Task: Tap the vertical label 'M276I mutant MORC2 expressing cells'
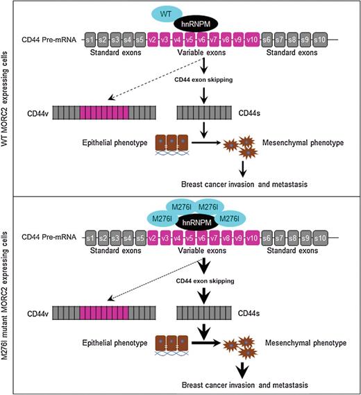tap(7, 295)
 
